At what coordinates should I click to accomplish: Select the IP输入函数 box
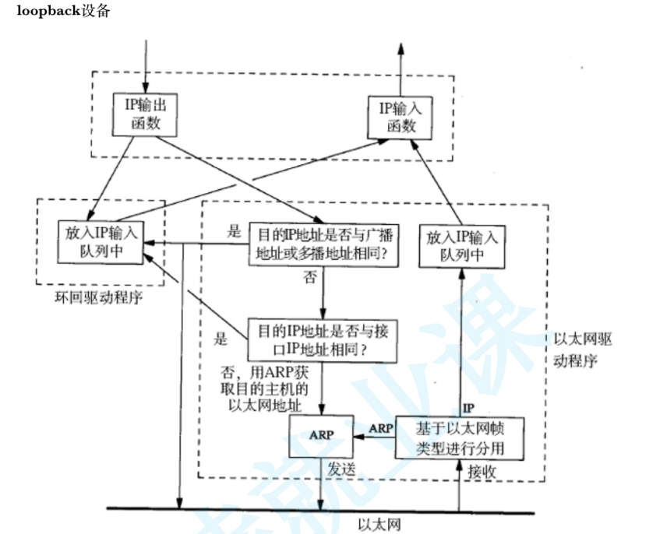[x=401, y=116]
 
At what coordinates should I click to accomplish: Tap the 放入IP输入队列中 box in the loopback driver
[x=101, y=242]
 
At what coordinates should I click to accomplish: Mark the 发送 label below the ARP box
[x=341, y=470]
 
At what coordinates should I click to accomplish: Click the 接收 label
[x=482, y=470]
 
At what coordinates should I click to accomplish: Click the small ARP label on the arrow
[x=380, y=429]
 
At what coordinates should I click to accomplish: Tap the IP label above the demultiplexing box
[x=468, y=408]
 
